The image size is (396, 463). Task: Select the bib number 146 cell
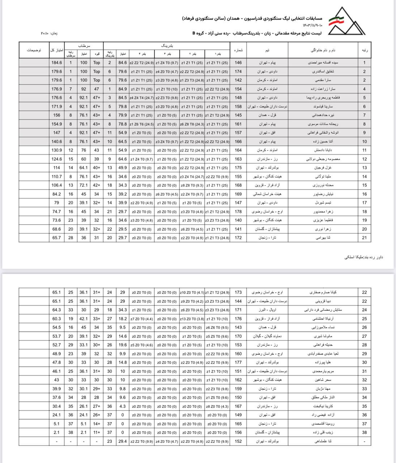click(238, 63)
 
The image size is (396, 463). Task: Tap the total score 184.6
click(57, 63)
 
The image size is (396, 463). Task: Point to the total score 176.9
click(57, 89)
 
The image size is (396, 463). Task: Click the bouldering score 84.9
click(123, 89)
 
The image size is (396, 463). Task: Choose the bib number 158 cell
click(238, 107)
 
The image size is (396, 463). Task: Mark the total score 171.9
click(57, 107)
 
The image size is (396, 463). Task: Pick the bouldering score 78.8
click(123, 124)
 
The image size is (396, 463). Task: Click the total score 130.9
click(57, 150)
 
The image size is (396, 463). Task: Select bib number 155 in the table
click(238, 177)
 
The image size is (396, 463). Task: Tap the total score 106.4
click(57, 185)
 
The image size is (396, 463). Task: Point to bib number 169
click(238, 194)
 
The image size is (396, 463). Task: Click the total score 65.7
click(57, 238)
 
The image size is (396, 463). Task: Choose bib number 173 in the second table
click(238, 292)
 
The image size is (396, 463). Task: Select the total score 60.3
click(57, 319)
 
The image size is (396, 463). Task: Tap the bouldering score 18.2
click(123, 319)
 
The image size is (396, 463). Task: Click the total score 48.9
click(57, 354)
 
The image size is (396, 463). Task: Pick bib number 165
click(238, 424)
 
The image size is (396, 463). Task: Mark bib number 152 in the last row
click(238, 441)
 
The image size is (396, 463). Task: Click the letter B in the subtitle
click(194, 33)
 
